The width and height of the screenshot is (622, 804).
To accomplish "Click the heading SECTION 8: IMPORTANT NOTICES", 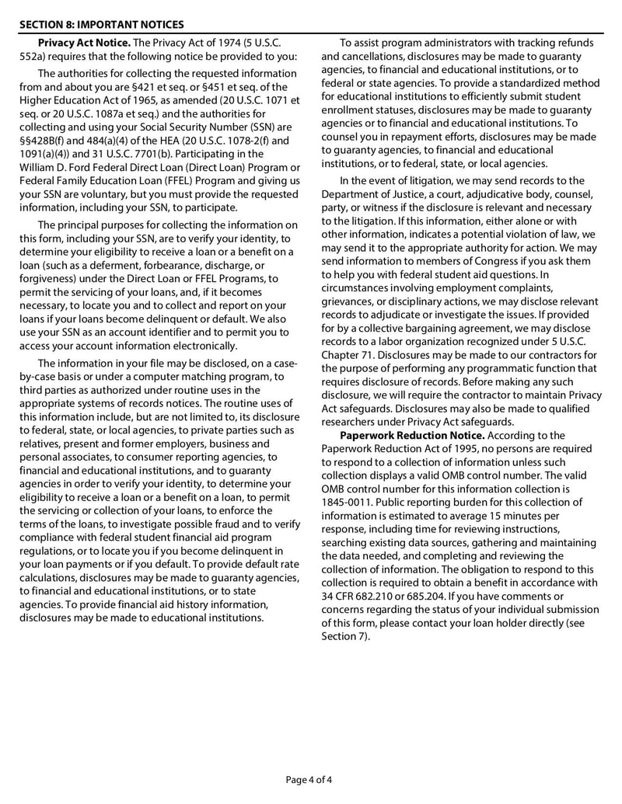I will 101,24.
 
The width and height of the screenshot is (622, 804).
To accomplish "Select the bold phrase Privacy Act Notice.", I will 85,43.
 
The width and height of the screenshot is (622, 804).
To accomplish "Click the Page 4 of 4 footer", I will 310,779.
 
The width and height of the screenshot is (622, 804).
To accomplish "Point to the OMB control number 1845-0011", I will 349,503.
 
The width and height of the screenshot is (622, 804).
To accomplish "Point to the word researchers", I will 351,422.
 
